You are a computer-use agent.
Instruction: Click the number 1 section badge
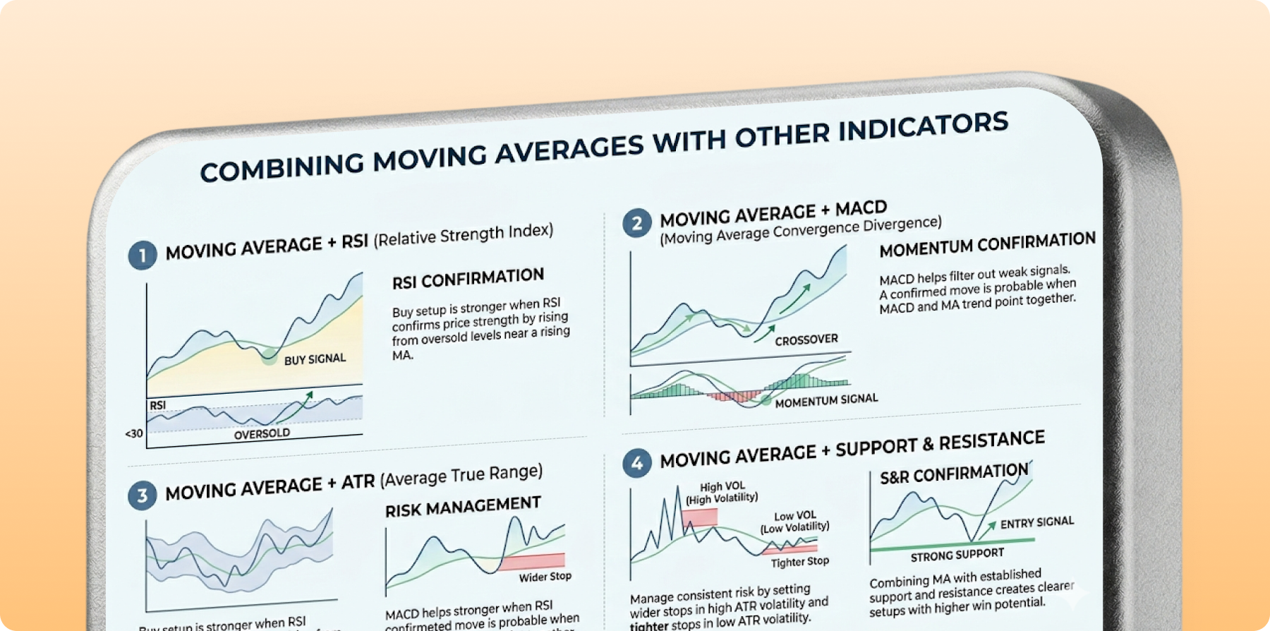(143, 256)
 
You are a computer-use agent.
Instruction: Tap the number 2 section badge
(636, 224)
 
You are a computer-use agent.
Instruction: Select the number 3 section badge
(143, 495)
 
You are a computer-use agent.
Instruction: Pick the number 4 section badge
(637, 464)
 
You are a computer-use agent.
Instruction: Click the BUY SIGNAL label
(315, 359)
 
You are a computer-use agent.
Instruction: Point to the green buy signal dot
(268, 356)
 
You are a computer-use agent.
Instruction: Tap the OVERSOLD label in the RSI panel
(262, 433)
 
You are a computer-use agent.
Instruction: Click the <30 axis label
(134, 433)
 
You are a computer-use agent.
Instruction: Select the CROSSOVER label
(806, 340)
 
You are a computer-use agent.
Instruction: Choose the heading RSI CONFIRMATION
(468, 279)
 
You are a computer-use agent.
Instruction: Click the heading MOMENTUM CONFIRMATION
(987, 245)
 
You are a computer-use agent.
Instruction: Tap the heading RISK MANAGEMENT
(463, 507)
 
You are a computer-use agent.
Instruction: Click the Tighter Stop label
(799, 562)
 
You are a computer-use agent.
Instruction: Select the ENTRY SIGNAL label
(1036, 523)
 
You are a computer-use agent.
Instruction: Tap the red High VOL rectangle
(699, 517)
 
